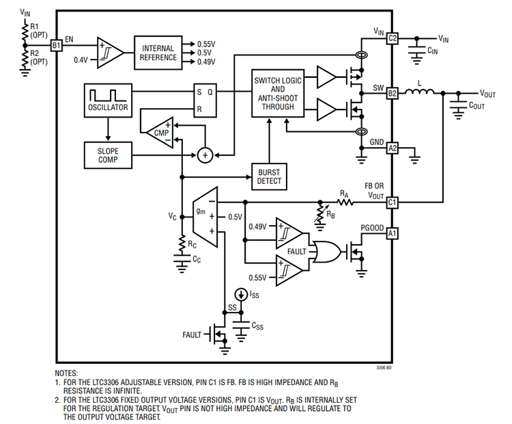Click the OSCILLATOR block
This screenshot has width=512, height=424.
[x=107, y=100]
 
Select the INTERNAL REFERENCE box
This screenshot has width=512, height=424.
[x=159, y=52]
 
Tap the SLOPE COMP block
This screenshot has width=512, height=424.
[x=107, y=155]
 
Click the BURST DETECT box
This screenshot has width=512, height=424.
[x=269, y=176]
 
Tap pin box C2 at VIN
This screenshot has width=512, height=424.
[x=392, y=38]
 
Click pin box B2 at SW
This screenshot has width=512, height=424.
[x=392, y=93]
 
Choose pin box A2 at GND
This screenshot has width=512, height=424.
[x=392, y=148]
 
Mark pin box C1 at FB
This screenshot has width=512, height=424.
[x=392, y=202]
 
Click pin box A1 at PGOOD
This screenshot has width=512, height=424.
[x=392, y=233]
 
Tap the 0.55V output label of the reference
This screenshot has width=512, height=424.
[x=208, y=42]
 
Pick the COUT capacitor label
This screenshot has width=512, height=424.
[x=475, y=105]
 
